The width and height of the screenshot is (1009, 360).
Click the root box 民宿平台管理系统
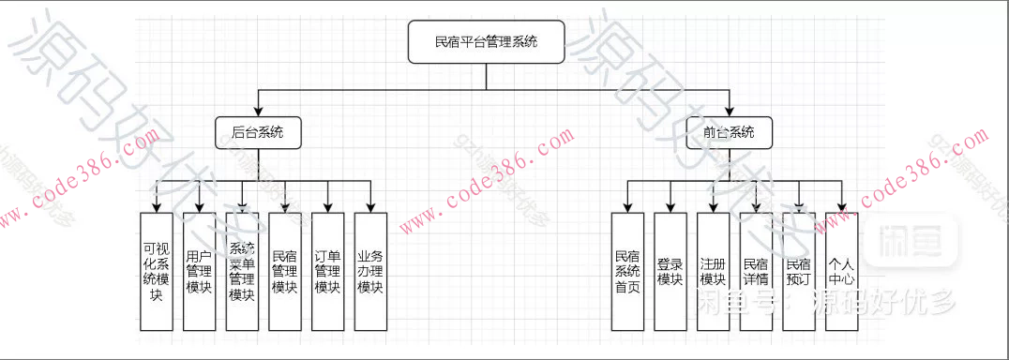point(486,42)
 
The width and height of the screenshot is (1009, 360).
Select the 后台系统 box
point(257,132)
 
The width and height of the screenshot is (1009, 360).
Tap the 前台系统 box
point(728,132)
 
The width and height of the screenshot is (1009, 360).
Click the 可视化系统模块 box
point(156,271)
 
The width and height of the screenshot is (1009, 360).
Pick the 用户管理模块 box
point(199,271)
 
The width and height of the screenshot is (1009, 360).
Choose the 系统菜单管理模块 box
point(242,271)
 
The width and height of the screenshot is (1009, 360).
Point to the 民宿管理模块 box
point(285,271)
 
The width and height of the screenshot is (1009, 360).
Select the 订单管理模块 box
point(327,271)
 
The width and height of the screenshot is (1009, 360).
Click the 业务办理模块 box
point(370,271)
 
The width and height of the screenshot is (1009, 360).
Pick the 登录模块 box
point(670,271)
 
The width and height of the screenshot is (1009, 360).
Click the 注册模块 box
point(714,271)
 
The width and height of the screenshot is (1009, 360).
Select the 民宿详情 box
point(756,271)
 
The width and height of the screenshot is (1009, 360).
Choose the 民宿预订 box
point(799,271)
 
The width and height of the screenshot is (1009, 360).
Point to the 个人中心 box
point(841,271)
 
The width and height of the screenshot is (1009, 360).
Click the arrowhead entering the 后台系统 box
point(257,112)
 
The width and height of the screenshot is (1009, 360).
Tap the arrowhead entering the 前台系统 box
point(728,112)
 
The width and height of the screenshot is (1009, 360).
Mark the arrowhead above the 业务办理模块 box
point(370,206)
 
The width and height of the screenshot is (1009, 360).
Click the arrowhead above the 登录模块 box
point(670,206)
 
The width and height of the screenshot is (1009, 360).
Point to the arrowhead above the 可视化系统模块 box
point(156,206)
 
